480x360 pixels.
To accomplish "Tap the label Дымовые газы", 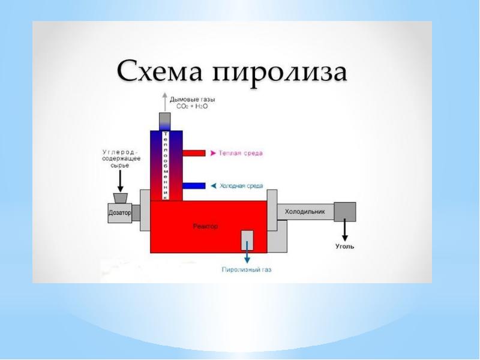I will click(193, 98).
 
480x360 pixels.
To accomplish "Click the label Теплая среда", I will click(241, 154).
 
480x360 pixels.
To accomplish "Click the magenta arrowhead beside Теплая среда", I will click(213, 154).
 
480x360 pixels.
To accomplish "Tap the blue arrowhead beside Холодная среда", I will click(213, 186).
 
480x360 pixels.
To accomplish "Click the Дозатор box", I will click(119, 213).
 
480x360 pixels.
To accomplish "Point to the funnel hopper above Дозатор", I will click(119, 197).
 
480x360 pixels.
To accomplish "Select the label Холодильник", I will click(304, 212).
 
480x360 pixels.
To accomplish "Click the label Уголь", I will click(344, 246).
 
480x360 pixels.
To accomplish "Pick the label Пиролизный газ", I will click(247, 271).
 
